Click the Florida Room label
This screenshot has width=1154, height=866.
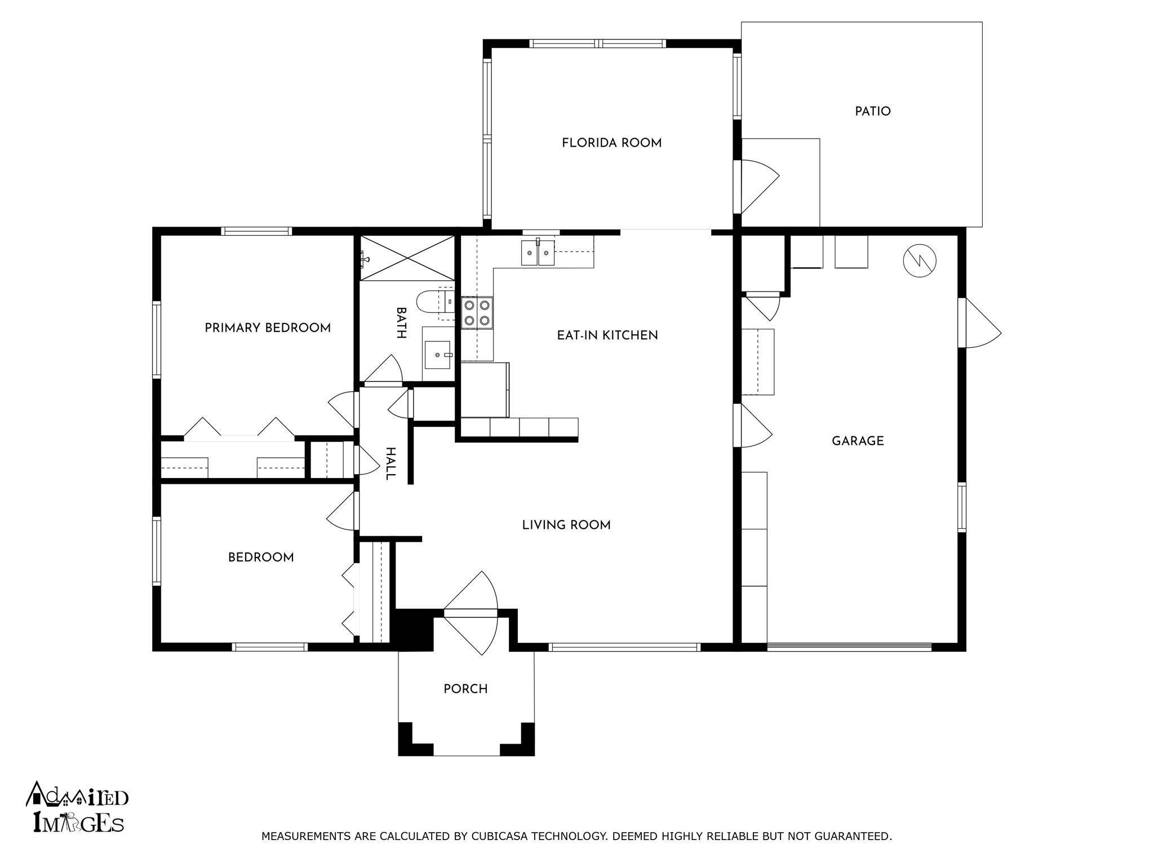tap(611, 143)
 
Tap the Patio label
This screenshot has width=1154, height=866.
tap(873, 112)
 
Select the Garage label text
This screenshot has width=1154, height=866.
tap(858, 441)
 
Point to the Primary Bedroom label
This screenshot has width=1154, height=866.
tap(268, 328)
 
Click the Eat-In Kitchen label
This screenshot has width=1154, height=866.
tap(607, 335)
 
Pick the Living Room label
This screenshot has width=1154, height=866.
tap(566, 525)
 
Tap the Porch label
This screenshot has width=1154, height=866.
tap(465, 689)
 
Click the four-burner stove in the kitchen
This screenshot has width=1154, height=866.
tap(477, 313)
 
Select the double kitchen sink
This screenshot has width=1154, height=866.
tap(538, 252)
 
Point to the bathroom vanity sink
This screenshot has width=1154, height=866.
tap(437, 355)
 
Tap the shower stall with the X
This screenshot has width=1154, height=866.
tap(407, 258)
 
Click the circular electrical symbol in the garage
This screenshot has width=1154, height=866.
tap(920, 260)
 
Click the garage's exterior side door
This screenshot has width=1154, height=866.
tap(983, 323)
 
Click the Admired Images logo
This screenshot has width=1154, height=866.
tap(77, 807)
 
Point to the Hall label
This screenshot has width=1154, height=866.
tap(390, 463)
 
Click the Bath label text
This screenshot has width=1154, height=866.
tap(401, 323)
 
